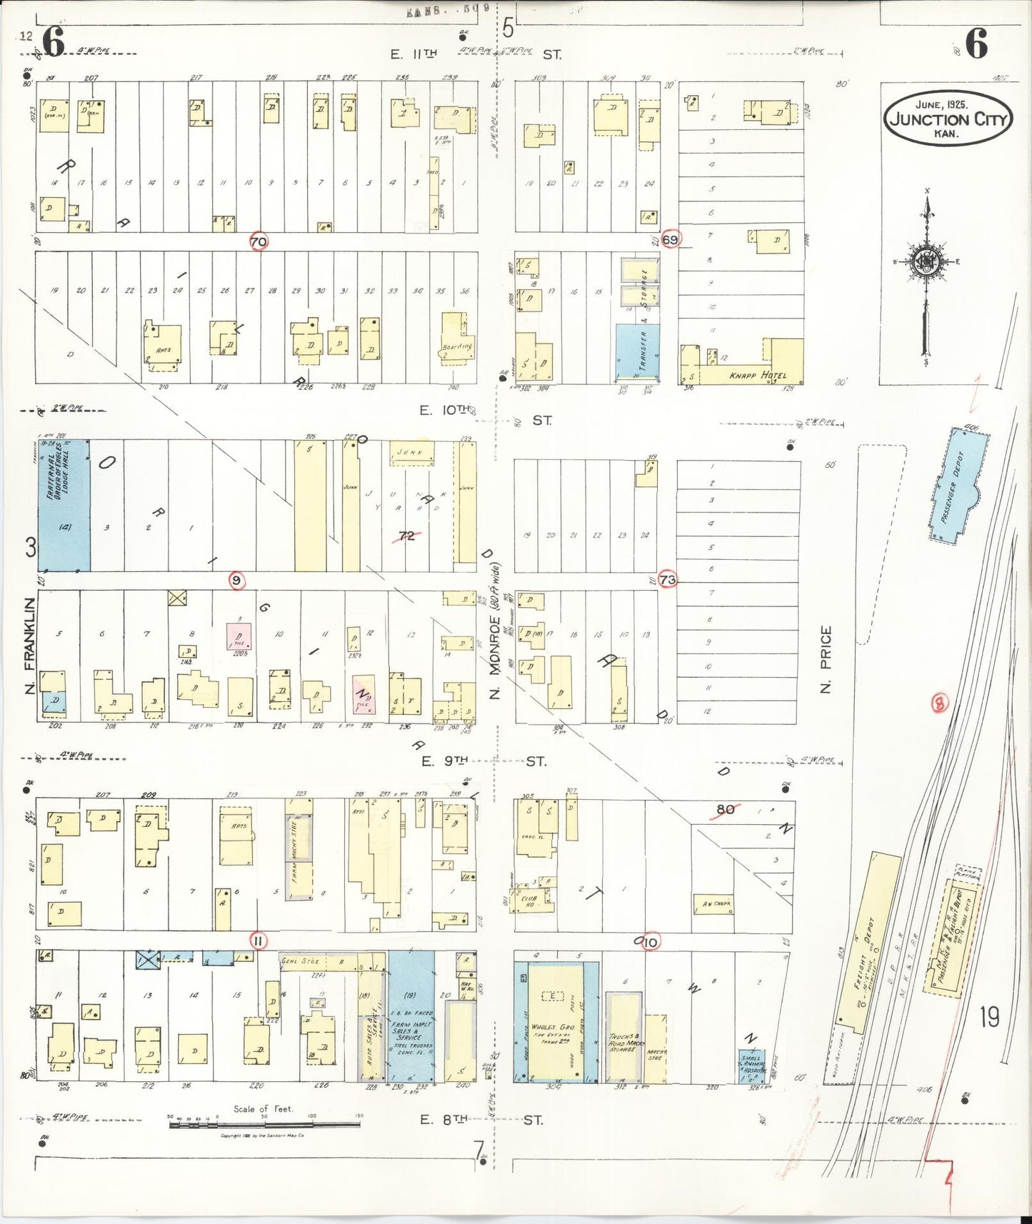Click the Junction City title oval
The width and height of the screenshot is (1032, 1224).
pyautogui.click(x=948, y=119)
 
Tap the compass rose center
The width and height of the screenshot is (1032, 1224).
pyautogui.click(x=927, y=261)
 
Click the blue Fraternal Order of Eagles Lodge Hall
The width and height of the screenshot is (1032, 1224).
pyautogui.click(x=64, y=506)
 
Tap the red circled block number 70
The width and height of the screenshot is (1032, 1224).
pyautogui.click(x=259, y=242)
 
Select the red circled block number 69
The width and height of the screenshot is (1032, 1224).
pyautogui.click(x=670, y=239)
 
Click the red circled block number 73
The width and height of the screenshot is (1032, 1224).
pyautogui.click(x=668, y=580)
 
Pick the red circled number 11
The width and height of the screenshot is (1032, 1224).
pyautogui.click(x=258, y=941)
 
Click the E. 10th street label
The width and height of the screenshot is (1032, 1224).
pyautogui.click(x=445, y=410)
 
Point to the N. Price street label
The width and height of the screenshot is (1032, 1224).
pyautogui.click(x=826, y=658)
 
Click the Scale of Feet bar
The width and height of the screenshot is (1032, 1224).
pyautogui.click(x=264, y=1125)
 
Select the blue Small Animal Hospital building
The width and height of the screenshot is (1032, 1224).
pyautogui.click(x=752, y=1065)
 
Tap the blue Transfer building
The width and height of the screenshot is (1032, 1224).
pyautogui.click(x=637, y=351)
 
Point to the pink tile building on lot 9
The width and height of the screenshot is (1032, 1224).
pyautogui.click(x=239, y=636)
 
